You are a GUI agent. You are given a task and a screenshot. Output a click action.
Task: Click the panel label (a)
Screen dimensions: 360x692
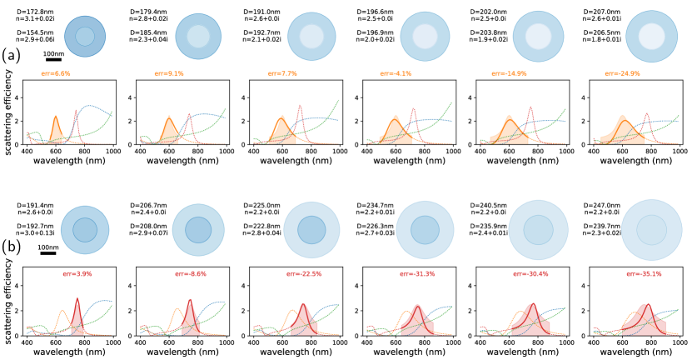pos(11,57)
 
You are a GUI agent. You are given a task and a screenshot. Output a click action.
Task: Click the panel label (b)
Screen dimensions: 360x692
pos(11,247)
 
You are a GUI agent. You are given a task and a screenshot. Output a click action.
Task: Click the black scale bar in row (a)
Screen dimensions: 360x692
pos(53,60)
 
